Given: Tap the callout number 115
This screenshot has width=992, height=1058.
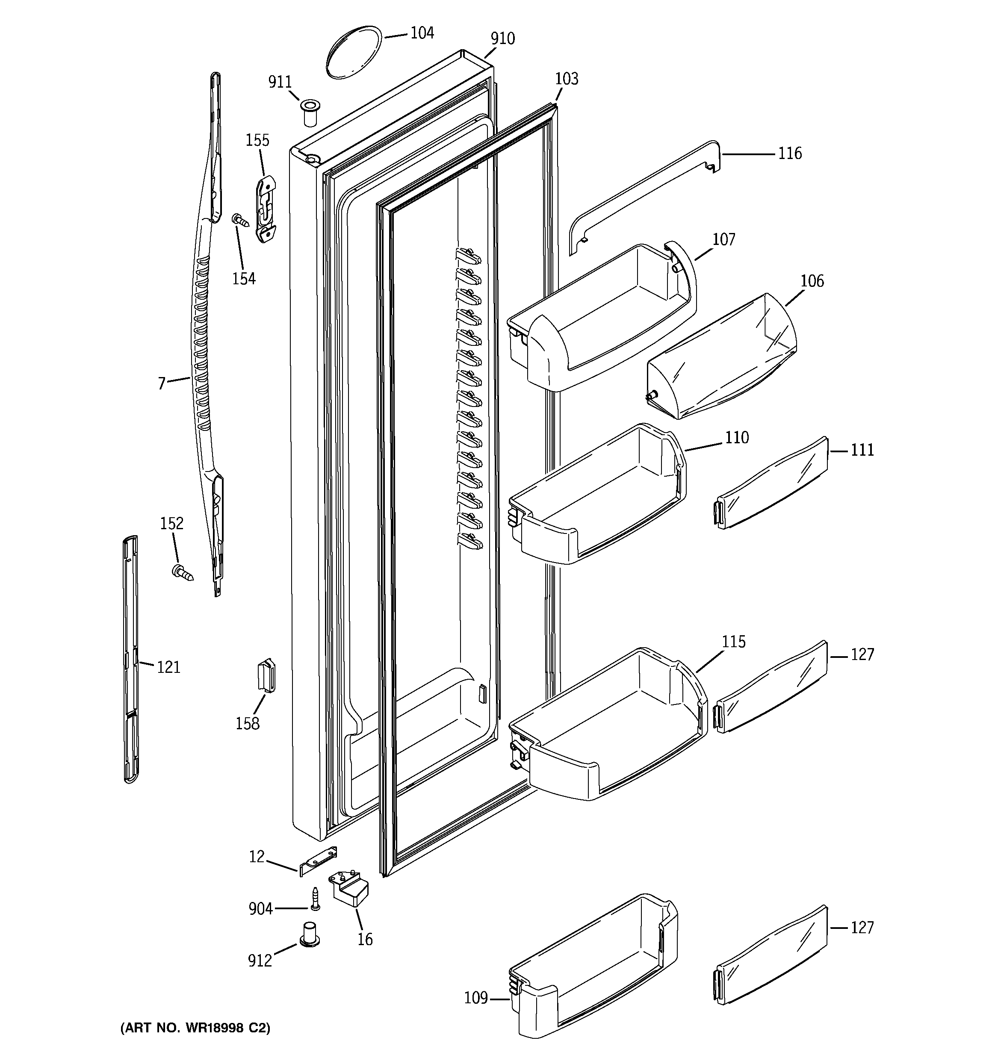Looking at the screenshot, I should [x=733, y=642].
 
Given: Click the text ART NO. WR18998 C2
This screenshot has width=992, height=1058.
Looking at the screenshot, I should [x=195, y=1028].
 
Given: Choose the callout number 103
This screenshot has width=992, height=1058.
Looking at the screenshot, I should [x=566, y=79].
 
